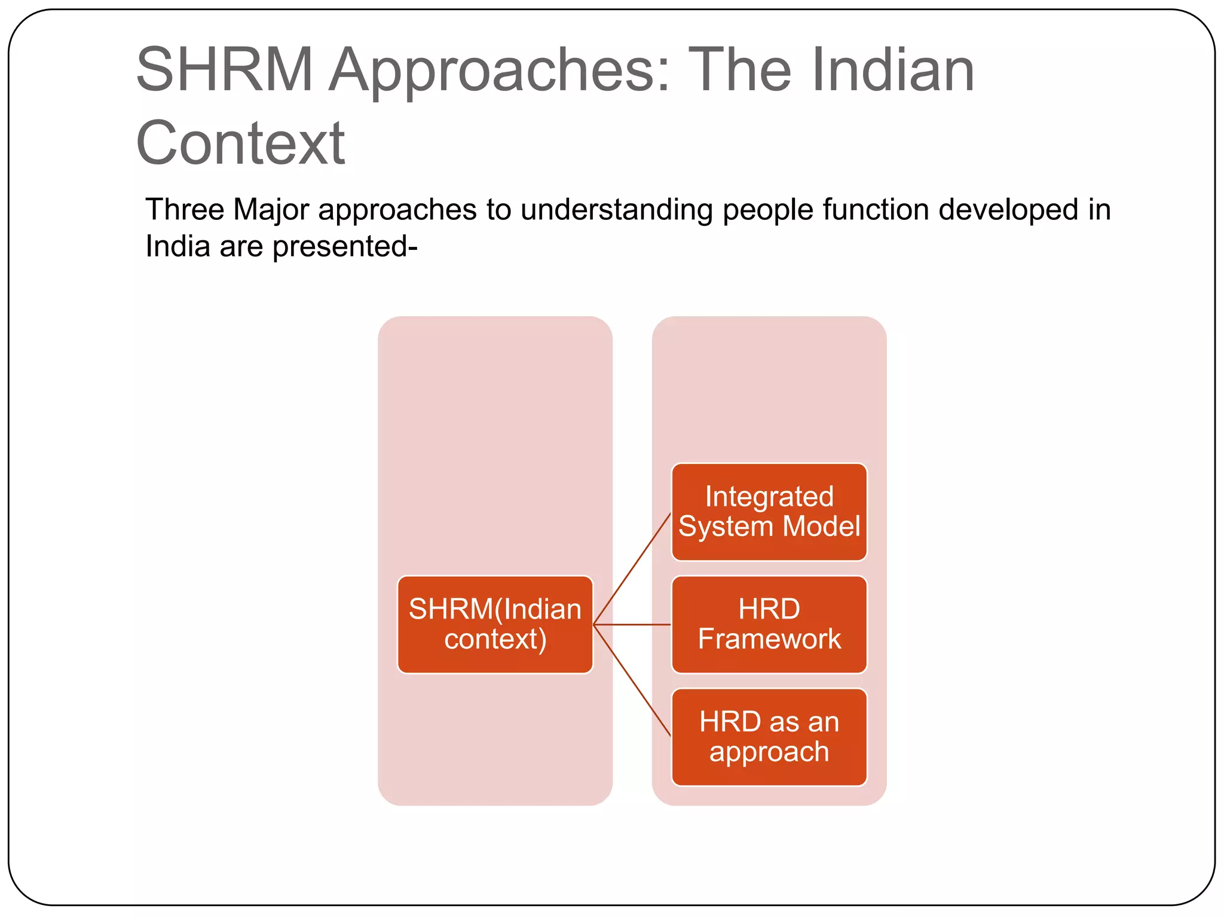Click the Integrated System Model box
(769, 512)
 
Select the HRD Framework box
(769, 624)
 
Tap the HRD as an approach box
(769, 736)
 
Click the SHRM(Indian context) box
(495, 624)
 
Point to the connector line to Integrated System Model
(632, 568)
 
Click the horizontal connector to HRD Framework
(632, 625)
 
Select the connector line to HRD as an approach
(632, 680)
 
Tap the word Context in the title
(240, 143)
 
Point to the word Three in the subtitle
(185, 210)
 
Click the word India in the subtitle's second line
(178, 246)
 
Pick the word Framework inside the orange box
(769, 639)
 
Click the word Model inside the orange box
(821, 527)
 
